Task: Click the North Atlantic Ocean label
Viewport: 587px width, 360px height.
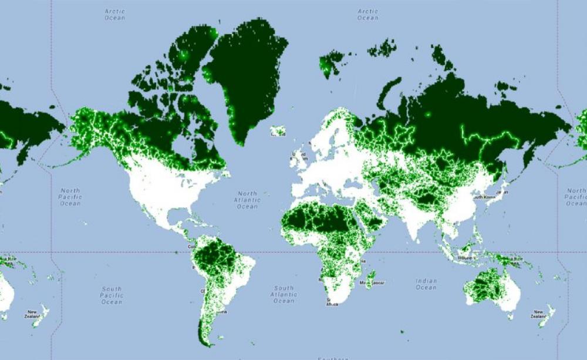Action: [x=247, y=200]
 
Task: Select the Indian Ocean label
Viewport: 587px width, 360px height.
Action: [x=426, y=284]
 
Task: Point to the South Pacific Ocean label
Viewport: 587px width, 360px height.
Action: [x=112, y=295]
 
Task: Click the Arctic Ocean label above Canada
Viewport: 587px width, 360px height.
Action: [x=115, y=14]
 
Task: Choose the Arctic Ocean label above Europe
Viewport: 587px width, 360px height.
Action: [x=368, y=14]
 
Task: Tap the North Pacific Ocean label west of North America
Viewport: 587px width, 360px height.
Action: [x=70, y=197]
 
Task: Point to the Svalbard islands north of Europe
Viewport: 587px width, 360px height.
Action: [x=330, y=62]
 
